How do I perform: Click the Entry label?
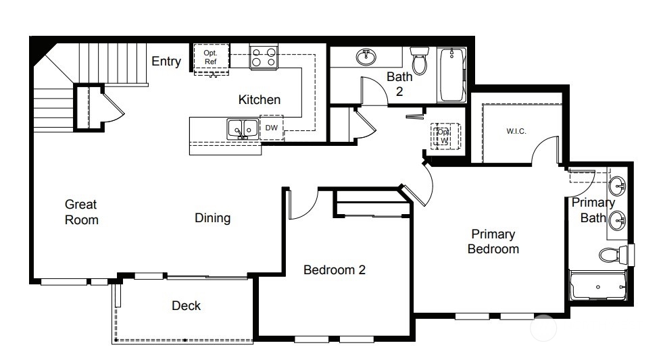(x=166, y=61)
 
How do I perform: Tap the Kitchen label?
(x=260, y=100)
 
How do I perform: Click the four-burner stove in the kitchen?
(x=264, y=57)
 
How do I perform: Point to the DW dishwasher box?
(x=272, y=128)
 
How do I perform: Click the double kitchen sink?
(x=243, y=129)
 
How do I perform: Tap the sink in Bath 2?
(x=366, y=57)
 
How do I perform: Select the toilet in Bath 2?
(x=420, y=59)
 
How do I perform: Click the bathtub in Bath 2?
(x=451, y=75)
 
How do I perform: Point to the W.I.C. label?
(x=516, y=132)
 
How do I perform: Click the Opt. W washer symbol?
(x=443, y=136)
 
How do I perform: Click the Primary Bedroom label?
(x=493, y=241)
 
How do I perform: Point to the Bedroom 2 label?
(x=335, y=270)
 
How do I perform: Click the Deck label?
(x=186, y=305)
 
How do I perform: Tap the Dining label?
(x=213, y=218)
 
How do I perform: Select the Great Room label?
(x=82, y=212)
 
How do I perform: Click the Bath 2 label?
(x=399, y=84)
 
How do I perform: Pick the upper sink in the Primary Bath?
(x=618, y=186)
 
